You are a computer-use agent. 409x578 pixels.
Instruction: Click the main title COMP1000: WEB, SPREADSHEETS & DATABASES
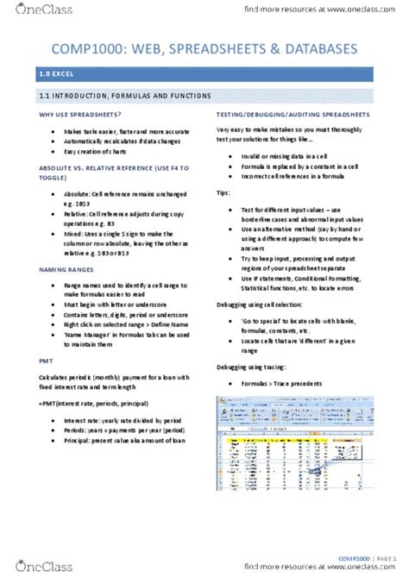(204, 54)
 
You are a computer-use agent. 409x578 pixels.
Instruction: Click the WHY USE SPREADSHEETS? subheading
(79, 115)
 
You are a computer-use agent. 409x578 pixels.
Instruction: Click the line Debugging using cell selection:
(271, 305)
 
